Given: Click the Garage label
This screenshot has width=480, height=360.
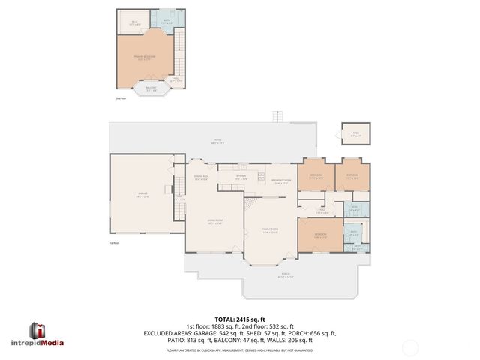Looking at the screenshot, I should [x=142, y=196].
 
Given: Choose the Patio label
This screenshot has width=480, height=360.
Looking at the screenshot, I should [x=217, y=142].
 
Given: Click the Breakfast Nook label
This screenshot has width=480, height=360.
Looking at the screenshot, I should [x=281, y=182].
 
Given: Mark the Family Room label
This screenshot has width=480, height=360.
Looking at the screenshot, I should [x=270, y=231].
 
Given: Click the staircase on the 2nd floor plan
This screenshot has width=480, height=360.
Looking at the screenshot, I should [x=178, y=52].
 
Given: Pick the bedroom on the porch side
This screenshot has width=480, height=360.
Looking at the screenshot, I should [x=320, y=235].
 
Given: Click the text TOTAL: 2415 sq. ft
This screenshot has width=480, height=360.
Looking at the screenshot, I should [x=240, y=319].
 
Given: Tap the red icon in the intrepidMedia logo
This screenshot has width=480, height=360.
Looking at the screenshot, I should [x=37, y=331].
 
